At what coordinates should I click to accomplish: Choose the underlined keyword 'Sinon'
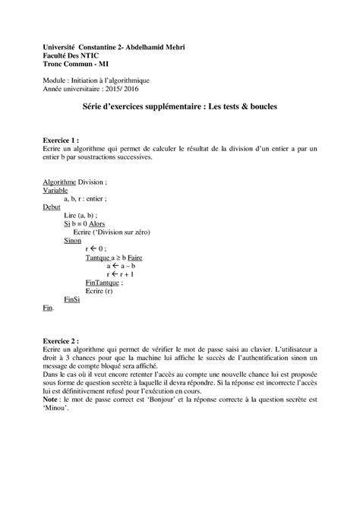coord(73,240)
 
